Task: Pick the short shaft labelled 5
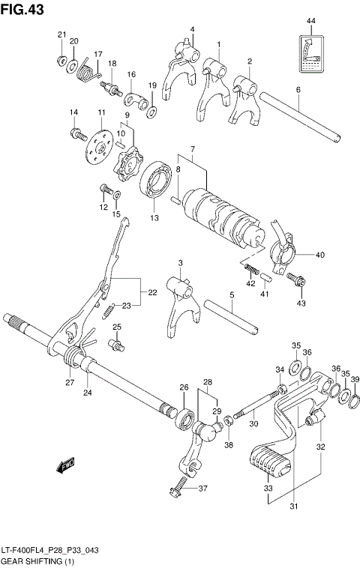pyautogui.click(x=232, y=315)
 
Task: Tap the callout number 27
pyautogui.click(x=69, y=382)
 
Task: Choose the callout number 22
pyautogui.click(x=152, y=292)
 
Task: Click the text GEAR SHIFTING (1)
pyautogui.click(x=34, y=560)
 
